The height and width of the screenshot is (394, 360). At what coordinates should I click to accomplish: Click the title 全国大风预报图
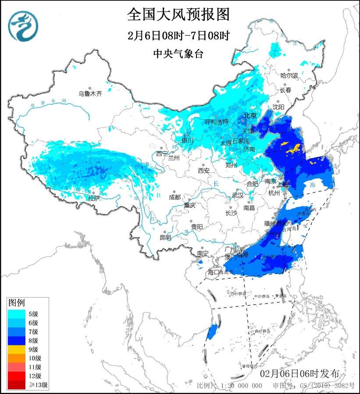[x=178, y=14]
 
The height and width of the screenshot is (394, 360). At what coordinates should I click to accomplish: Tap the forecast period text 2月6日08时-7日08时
[x=178, y=35]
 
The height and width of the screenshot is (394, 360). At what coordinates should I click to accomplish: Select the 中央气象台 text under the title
[x=178, y=53]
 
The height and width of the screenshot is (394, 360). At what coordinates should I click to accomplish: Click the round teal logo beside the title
[x=23, y=26]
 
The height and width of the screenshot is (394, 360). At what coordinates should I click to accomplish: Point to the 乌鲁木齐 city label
[x=90, y=93]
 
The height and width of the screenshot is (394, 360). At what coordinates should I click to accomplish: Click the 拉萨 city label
[x=94, y=198]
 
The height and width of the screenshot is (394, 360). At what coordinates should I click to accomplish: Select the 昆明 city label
[x=165, y=237]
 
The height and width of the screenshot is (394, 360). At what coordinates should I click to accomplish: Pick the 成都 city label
[x=174, y=197]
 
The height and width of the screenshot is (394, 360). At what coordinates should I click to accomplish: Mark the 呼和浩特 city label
[x=217, y=121]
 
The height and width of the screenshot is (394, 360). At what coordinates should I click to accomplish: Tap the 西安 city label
[x=204, y=170]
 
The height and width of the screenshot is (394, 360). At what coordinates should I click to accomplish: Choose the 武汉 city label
[x=237, y=195]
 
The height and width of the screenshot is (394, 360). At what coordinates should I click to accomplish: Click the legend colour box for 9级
[x=17, y=349]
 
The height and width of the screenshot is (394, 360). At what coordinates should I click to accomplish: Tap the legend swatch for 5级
[x=17, y=313]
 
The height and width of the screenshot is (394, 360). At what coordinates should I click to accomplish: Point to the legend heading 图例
[x=17, y=302]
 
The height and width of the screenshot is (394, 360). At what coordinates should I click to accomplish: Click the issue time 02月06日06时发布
[x=299, y=373]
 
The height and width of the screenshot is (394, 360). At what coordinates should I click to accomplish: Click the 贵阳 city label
[x=197, y=227]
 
